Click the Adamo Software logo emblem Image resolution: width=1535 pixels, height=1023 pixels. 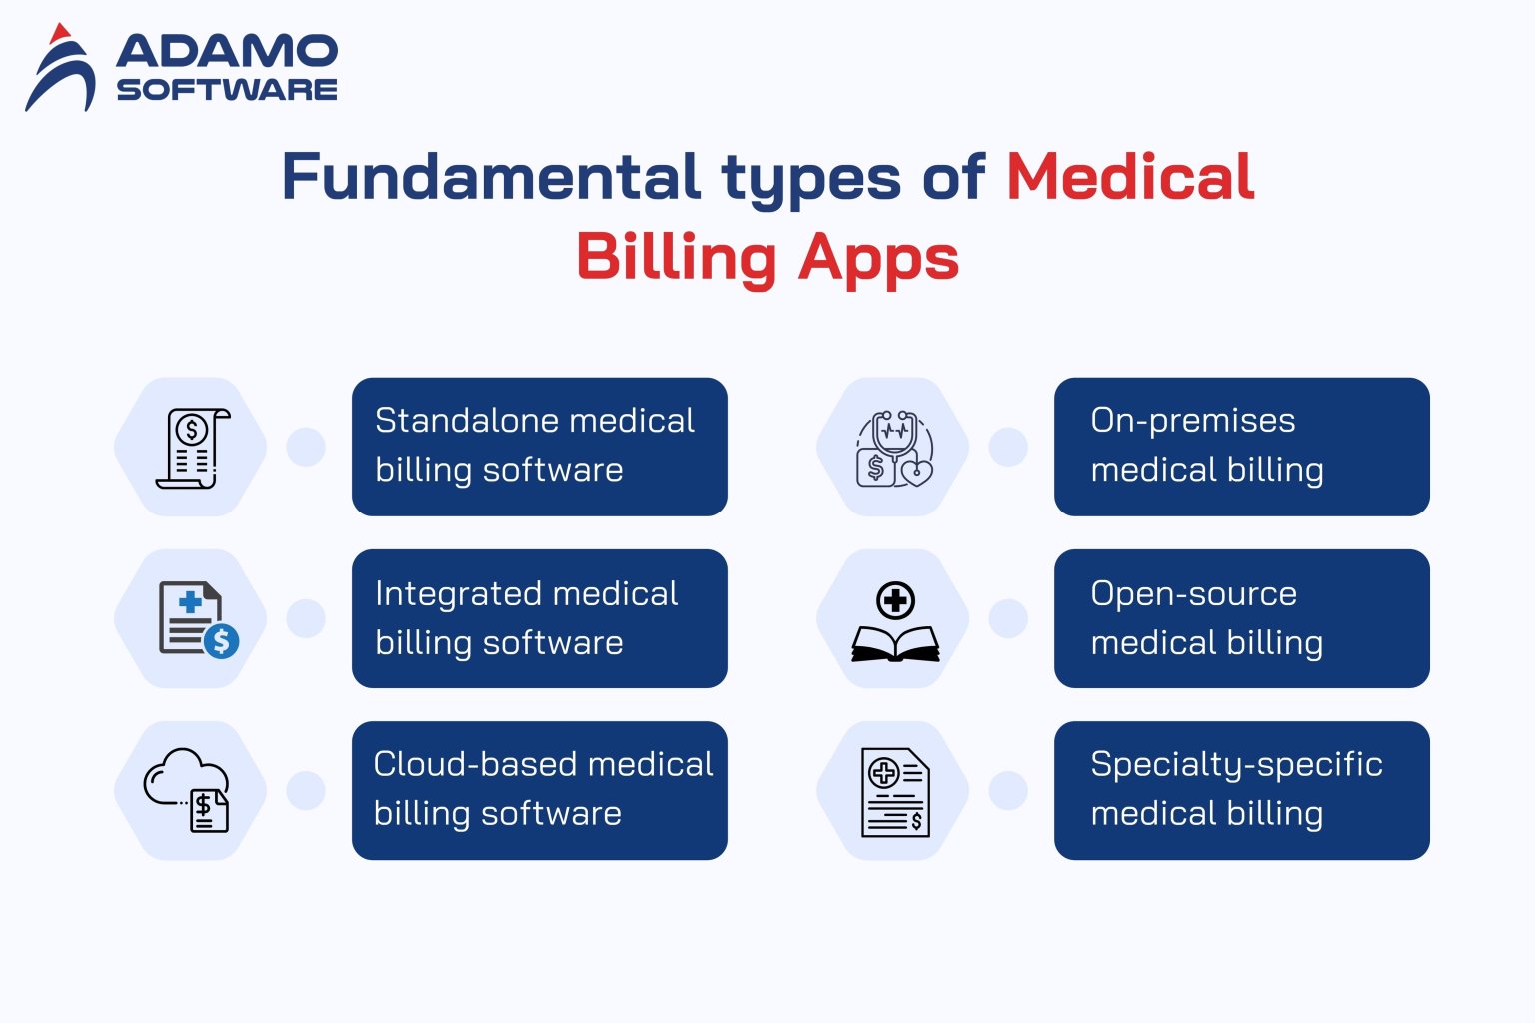[x=61, y=68]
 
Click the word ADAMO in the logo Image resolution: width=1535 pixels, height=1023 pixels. [x=227, y=52]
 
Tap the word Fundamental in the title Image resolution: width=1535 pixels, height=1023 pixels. [x=491, y=177]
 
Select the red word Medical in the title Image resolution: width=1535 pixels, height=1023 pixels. [x=1129, y=177]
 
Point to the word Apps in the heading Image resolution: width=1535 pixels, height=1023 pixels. [x=878, y=257]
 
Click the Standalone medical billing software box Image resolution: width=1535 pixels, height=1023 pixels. [x=539, y=446]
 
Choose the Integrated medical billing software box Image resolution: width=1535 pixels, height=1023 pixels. [x=539, y=618]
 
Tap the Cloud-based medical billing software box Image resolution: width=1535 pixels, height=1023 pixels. [x=539, y=790]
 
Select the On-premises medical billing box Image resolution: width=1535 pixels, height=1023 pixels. [x=1241, y=446]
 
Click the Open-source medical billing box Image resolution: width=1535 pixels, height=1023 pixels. [x=1241, y=618]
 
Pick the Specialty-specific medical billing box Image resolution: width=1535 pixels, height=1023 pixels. [x=1241, y=790]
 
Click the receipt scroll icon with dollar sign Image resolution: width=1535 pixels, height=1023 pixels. [x=192, y=448]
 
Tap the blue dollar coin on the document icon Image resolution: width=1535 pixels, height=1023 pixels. [x=222, y=640]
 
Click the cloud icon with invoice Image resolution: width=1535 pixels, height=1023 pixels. [x=187, y=789]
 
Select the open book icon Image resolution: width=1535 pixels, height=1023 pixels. [x=895, y=644]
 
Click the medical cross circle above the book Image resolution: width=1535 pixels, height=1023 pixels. [x=895, y=601]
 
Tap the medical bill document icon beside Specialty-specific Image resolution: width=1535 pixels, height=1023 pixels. [x=895, y=792]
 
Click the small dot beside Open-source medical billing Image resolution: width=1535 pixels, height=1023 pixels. [x=1007, y=618]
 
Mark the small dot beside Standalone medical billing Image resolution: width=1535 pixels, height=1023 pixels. [x=305, y=447]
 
